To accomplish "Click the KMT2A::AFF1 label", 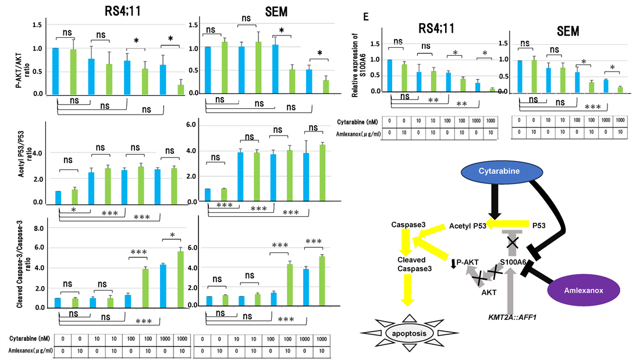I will tap(512, 318).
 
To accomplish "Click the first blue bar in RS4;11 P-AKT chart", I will tap(55, 70).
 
